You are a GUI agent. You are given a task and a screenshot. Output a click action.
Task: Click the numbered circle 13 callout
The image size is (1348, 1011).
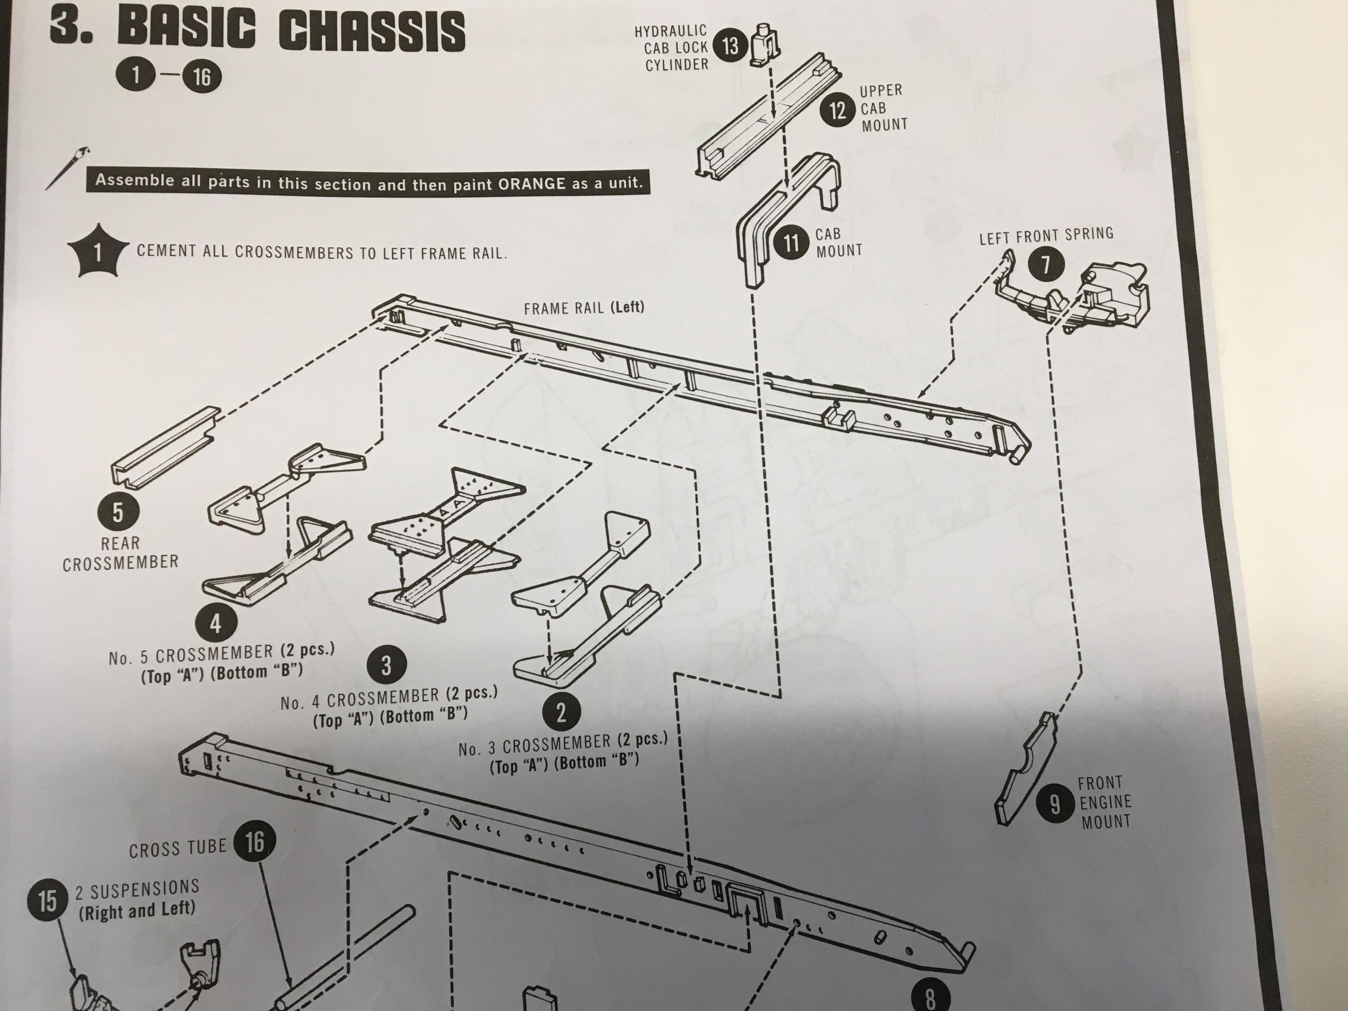tap(730, 46)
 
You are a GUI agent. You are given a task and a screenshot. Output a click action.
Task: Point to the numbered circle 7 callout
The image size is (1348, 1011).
tap(1046, 265)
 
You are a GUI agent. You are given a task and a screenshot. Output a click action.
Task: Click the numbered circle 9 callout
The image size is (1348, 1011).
tap(1055, 805)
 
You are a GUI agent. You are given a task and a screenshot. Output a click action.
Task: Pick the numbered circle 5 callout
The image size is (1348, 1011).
tap(117, 512)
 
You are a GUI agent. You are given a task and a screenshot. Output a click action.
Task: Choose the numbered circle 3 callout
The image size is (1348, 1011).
tap(386, 666)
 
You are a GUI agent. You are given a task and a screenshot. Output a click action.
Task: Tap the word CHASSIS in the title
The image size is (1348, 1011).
tap(372, 32)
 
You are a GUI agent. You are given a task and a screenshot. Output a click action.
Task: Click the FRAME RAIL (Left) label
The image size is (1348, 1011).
tap(583, 308)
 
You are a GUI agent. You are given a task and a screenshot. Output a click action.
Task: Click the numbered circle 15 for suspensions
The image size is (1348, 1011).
tap(48, 900)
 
